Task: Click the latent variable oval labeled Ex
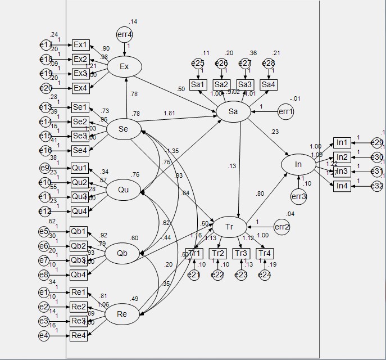click(124, 67)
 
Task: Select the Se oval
click(124, 129)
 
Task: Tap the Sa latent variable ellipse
click(234, 112)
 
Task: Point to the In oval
click(298, 164)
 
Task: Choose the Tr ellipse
click(229, 227)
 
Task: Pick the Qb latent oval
click(122, 253)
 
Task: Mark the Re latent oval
click(122, 314)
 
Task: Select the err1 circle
click(286, 112)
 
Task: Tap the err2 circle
click(281, 227)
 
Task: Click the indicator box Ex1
click(80, 44)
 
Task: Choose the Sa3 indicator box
click(245, 84)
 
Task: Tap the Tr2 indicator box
click(217, 253)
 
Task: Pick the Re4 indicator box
click(79, 336)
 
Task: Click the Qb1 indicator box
click(79, 231)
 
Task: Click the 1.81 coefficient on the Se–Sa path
click(169, 114)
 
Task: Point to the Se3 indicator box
click(80, 136)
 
